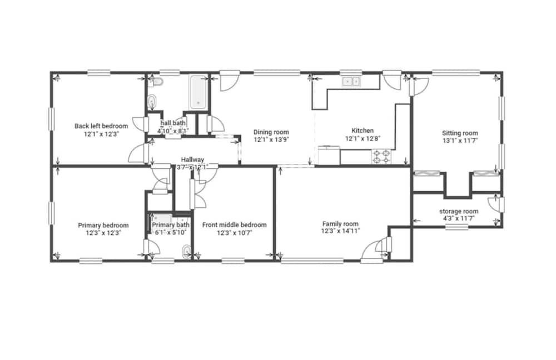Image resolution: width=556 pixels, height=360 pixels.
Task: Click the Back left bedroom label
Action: point(101,126)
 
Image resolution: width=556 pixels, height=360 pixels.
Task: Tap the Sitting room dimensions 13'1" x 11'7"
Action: point(460,141)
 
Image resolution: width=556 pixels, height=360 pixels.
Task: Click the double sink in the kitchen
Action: point(351,82)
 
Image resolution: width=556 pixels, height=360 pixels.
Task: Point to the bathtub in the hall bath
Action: point(198,92)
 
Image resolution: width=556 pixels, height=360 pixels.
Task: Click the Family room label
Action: point(340,224)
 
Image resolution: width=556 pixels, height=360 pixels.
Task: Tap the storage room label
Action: point(459,212)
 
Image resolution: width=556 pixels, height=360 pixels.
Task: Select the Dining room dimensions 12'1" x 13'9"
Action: point(271,139)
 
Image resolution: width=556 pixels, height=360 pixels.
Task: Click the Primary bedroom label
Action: point(103,226)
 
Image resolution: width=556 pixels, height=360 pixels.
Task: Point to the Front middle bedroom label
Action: point(235,225)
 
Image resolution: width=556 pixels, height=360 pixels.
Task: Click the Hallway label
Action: point(192,160)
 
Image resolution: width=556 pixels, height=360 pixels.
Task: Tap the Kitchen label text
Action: point(363,131)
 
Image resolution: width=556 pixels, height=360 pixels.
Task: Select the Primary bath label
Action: point(171,225)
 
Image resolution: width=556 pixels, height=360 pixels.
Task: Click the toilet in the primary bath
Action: point(186,252)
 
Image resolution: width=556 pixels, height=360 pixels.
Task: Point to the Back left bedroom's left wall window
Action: point(52,119)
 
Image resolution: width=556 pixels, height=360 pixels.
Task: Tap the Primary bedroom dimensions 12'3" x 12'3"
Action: point(103,233)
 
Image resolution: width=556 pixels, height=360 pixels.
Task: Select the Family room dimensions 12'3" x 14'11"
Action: point(340,231)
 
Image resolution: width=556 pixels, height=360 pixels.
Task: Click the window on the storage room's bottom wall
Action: point(456,227)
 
